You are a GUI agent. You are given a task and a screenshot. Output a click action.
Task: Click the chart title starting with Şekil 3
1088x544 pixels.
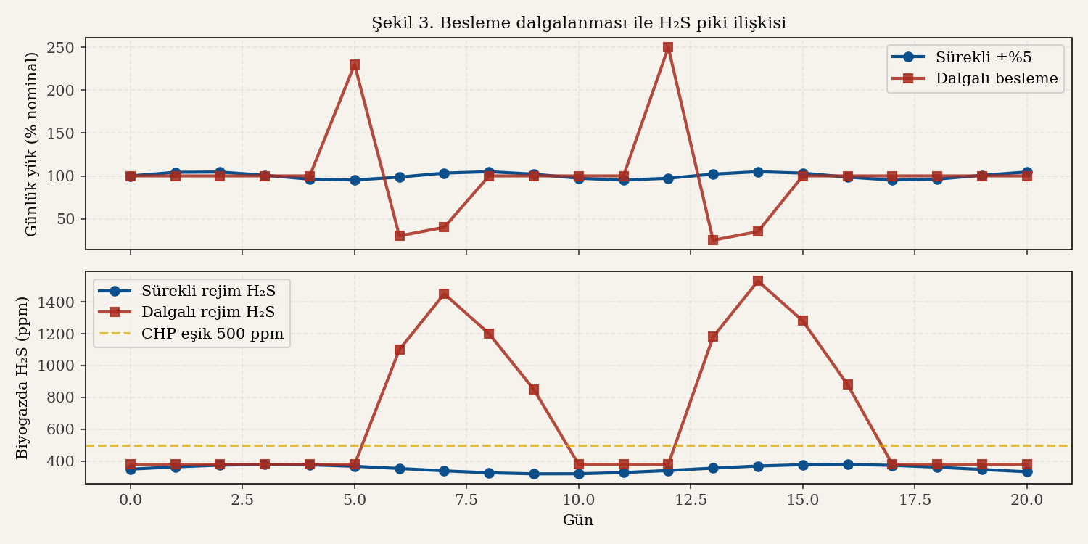pos(579,23)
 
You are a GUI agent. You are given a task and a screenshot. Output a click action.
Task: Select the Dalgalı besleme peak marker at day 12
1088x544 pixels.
pos(668,47)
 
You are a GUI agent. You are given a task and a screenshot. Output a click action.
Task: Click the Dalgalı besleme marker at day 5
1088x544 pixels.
pos(355,65)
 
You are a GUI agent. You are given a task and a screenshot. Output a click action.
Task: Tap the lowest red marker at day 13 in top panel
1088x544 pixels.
pos(713,240)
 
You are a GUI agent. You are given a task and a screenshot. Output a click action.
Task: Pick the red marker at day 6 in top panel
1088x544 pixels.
pos(400,236)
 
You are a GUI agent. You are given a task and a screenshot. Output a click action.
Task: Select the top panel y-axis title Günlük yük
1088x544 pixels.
pos(31,144)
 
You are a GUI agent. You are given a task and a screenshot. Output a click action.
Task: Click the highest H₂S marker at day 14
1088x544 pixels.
pos(758,281)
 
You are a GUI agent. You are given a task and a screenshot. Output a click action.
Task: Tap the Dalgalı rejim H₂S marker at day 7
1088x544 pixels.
pos(444,294)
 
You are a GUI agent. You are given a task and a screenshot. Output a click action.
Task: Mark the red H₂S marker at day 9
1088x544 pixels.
pos(534,390)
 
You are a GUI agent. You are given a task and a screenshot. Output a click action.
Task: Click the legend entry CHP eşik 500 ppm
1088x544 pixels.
pos(213,334)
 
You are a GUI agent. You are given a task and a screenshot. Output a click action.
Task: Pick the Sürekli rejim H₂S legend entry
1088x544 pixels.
pos(207,291)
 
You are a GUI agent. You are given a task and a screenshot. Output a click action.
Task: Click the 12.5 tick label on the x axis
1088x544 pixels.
pos(691,500)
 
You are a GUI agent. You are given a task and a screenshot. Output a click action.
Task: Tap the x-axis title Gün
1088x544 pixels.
pos(578,520)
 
